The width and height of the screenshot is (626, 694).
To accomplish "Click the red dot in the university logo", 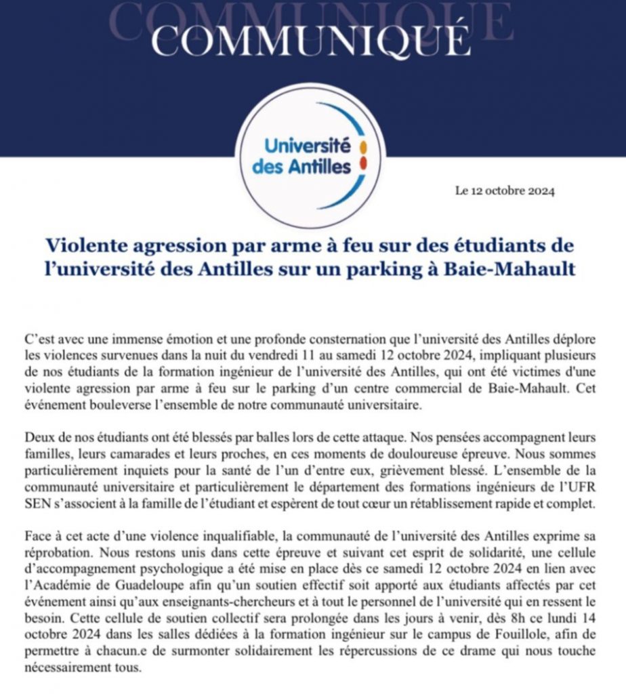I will click(x=363, y=163).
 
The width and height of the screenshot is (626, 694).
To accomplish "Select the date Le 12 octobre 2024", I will click(x=505, y=191).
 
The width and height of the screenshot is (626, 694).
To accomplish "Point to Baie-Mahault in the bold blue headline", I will click(x=519, y=269).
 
